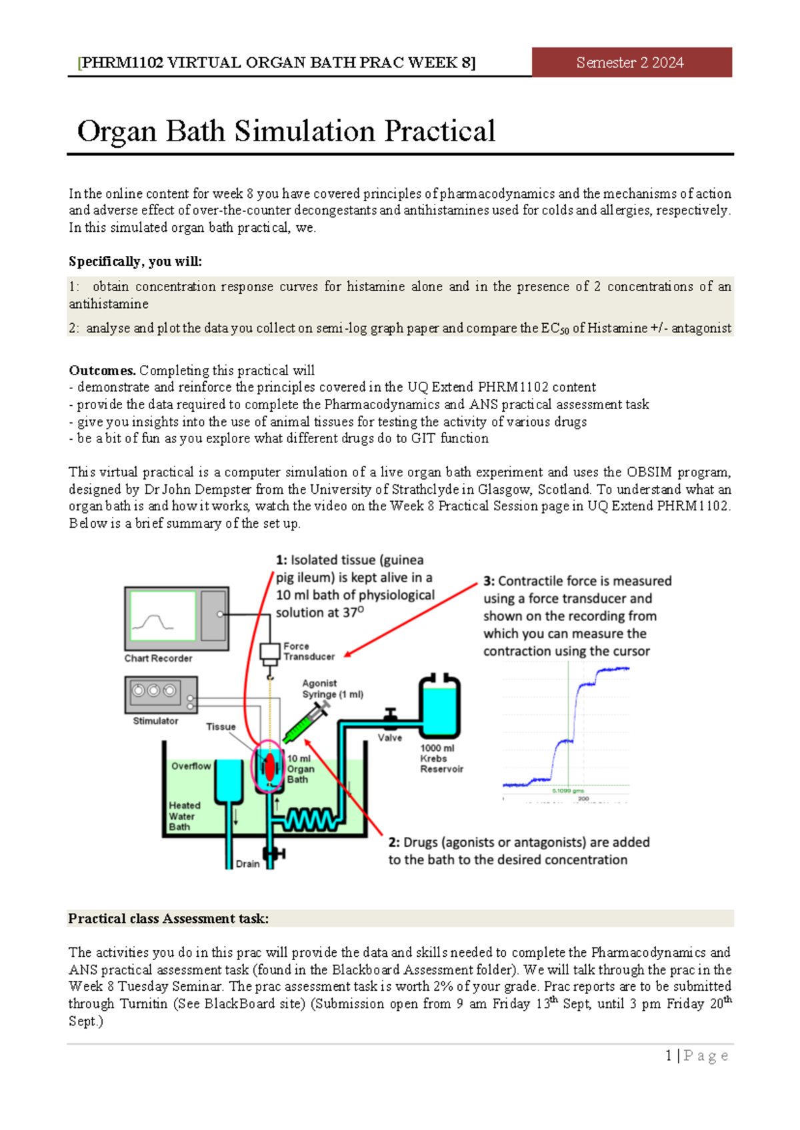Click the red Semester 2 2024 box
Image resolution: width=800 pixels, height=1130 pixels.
631,63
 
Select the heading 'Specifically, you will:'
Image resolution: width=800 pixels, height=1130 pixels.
135,261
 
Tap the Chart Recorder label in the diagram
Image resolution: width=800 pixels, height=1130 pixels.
158,658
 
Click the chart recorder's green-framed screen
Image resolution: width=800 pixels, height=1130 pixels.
163,616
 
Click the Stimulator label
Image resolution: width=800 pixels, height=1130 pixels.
155,721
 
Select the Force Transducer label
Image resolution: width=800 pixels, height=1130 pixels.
309,651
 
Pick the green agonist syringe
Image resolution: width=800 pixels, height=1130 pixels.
304,724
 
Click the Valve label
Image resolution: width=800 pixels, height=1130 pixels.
390,738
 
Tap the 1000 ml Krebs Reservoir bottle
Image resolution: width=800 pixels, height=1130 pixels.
439,709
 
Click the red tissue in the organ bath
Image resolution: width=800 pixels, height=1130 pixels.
269,767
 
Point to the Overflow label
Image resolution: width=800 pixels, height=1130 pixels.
191,766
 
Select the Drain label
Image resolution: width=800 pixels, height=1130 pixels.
247,863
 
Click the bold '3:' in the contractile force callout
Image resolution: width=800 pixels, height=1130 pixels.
489,581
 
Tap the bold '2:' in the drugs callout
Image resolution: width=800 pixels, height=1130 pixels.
394,842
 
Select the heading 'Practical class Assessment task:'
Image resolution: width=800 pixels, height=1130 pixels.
169,918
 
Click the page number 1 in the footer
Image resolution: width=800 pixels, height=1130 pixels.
669,1055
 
